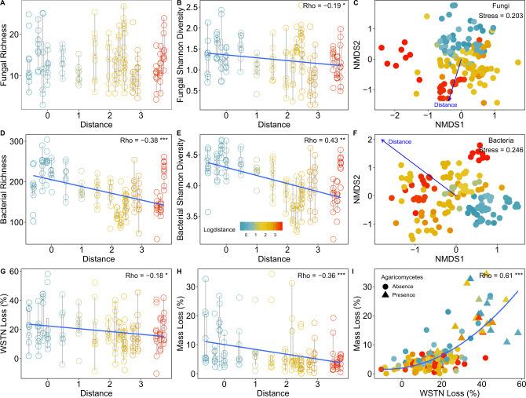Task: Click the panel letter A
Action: [5, 4]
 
